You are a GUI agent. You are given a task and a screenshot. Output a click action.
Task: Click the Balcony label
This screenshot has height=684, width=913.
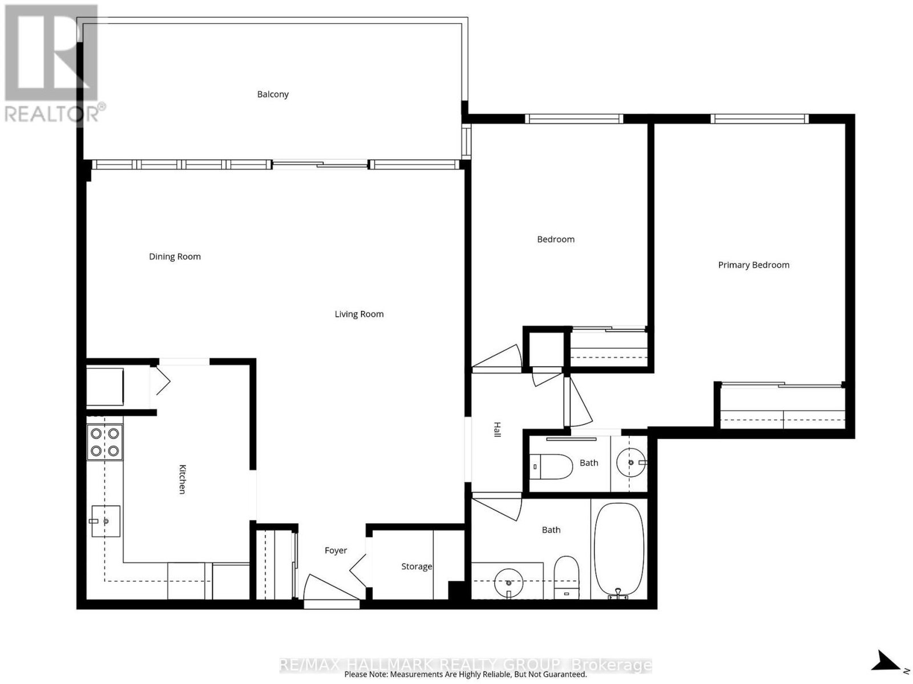tap(272, 94)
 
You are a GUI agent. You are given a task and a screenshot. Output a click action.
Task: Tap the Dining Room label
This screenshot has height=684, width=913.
tap(175, 257)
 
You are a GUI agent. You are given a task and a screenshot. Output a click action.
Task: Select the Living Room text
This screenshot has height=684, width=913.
tap(359, 314)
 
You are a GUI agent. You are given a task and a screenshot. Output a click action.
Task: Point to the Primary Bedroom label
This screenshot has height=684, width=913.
tap(753, 265)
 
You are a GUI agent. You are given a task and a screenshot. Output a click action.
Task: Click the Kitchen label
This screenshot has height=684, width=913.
tap(182, 479)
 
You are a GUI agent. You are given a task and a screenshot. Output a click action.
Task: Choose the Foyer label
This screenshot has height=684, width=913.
tap(336, 551)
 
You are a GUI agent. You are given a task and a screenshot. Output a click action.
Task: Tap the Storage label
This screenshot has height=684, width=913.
tap(417, 566)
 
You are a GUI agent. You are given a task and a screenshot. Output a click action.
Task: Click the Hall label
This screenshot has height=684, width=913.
tap(496, 430)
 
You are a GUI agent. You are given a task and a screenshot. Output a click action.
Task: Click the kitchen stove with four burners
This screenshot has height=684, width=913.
tap(105, 442)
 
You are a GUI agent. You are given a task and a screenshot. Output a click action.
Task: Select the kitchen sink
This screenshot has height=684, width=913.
tap(106, 521)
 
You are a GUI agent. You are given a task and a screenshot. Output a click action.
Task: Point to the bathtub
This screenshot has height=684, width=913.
tap(619, 551)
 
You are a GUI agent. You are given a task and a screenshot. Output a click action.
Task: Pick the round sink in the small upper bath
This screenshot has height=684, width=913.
tap(631, 463)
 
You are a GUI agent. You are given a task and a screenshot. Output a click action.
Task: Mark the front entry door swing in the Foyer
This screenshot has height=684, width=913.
tap(330, 587)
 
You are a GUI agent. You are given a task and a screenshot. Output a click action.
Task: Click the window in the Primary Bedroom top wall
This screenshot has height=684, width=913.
tap(759, 119)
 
